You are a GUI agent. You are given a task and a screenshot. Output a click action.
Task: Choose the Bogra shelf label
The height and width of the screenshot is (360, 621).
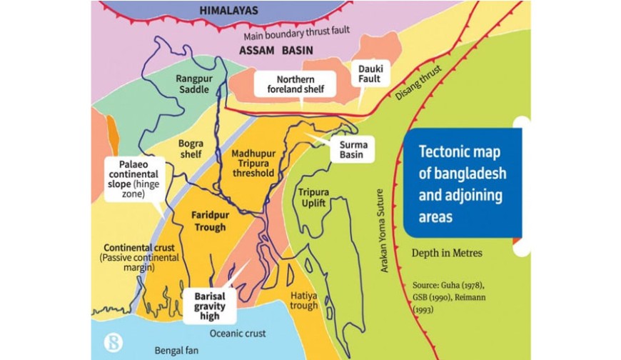[191, 149]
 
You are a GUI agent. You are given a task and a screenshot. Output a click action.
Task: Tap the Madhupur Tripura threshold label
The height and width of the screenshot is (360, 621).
[253, 163]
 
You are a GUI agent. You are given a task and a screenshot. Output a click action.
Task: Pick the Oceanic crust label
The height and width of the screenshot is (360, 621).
[238, 334]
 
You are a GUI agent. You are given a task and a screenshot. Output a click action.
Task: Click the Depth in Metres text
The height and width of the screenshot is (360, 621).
[447, 253]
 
